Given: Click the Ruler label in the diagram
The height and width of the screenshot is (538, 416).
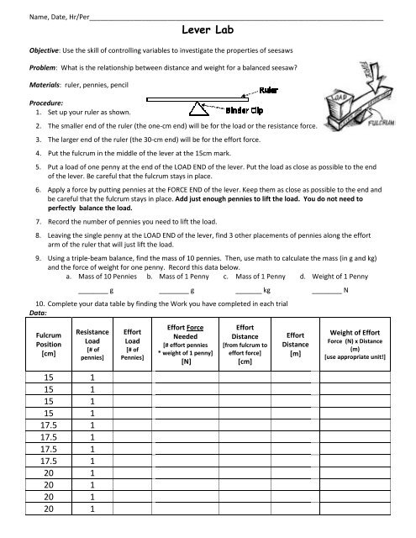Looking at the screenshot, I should point(269,89).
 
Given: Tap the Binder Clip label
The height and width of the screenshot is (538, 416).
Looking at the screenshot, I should point(249,110).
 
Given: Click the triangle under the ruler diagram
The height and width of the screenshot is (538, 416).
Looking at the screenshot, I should point(199,108).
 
